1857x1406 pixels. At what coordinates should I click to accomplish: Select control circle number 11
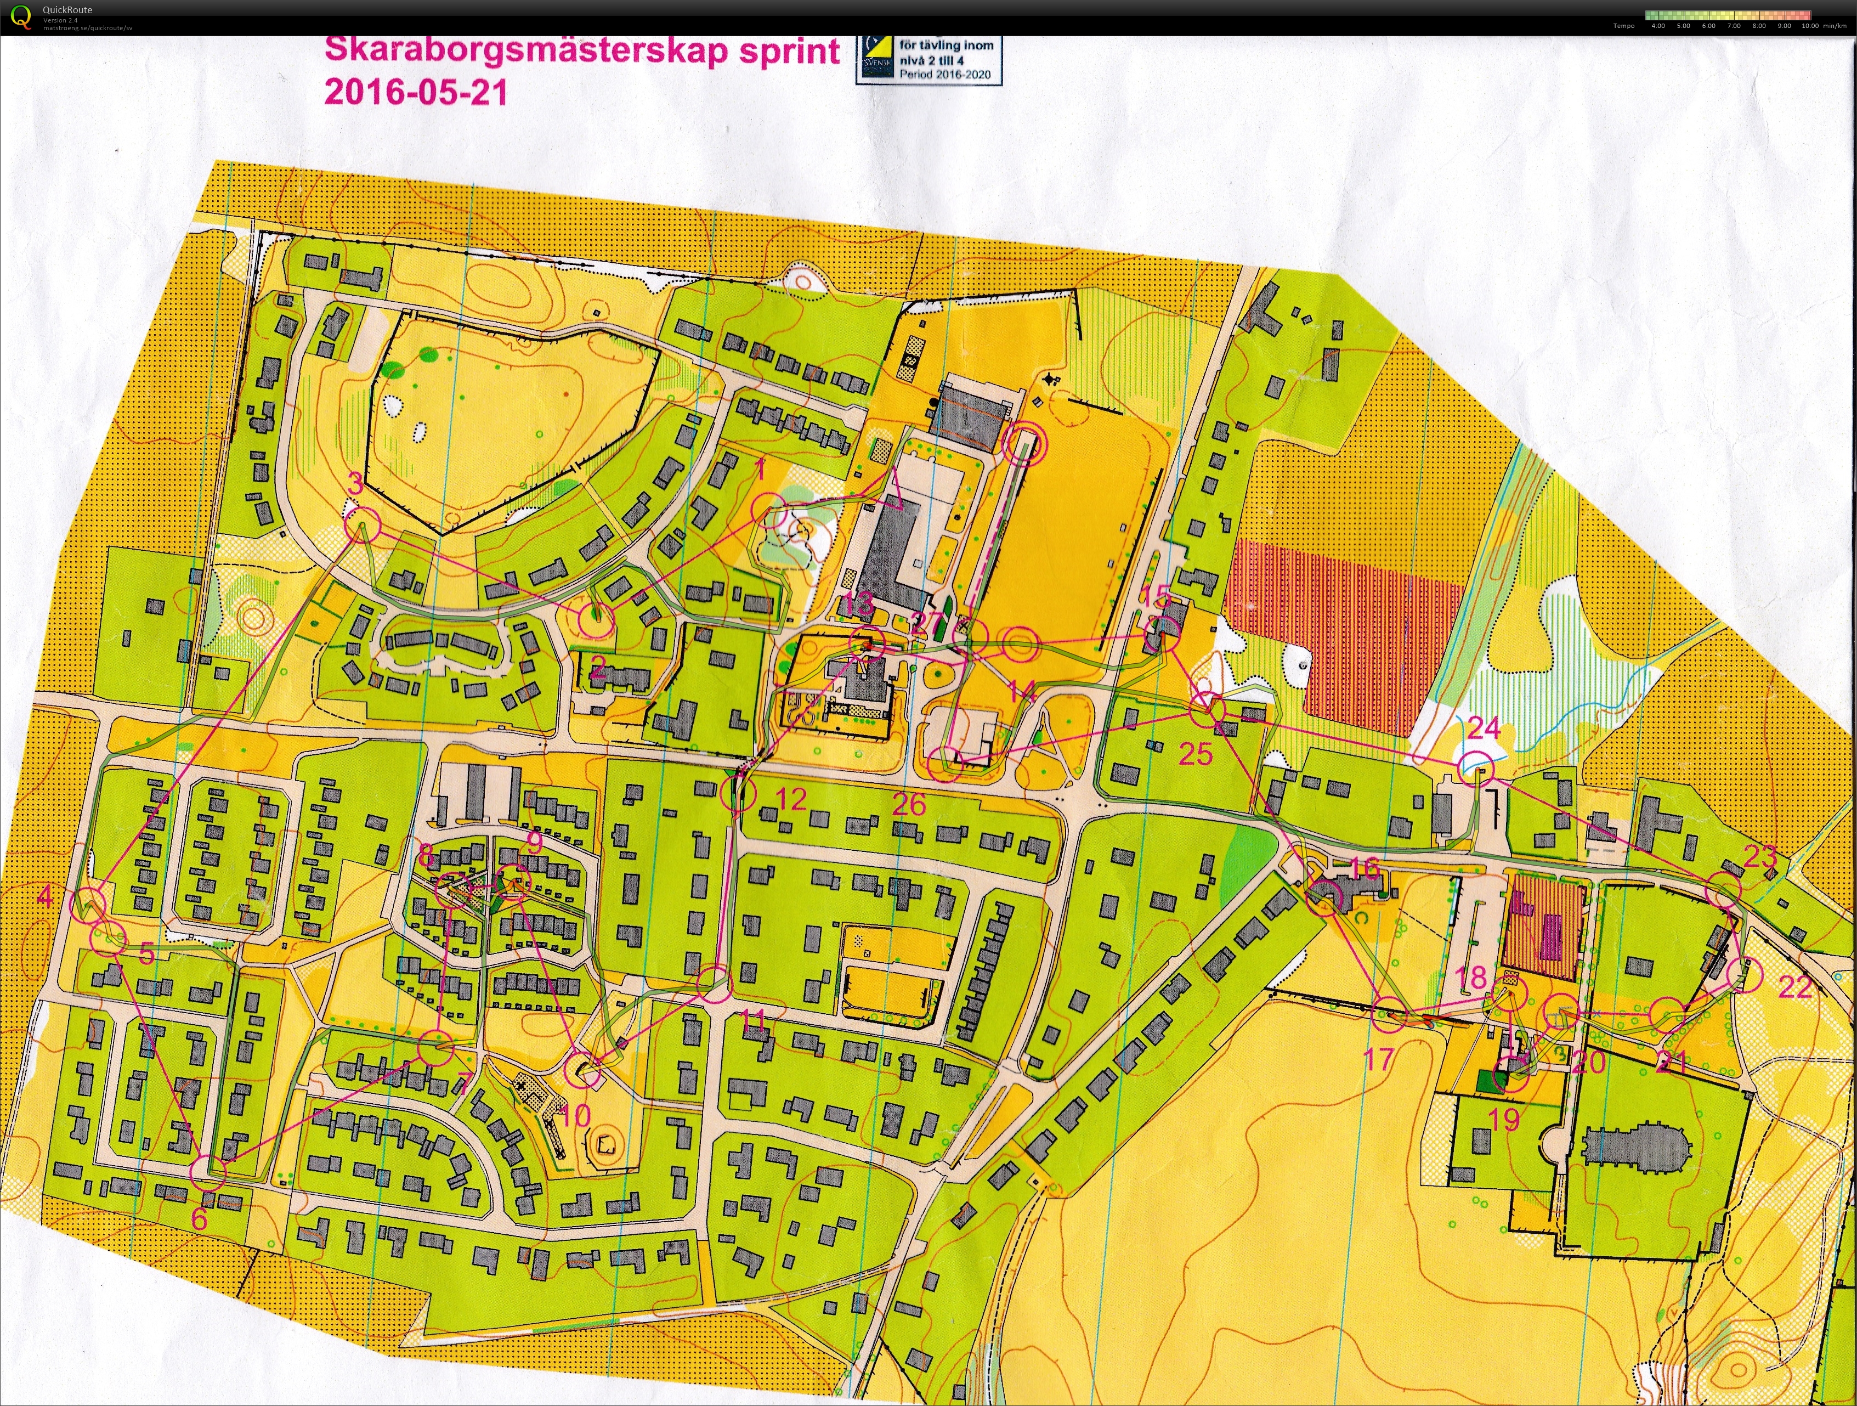pos(715,984)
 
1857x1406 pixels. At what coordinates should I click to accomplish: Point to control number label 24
pos(1484,727)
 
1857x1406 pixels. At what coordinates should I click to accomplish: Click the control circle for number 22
pos(1743,974)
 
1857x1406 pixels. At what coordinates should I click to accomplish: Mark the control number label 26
pos(909,805)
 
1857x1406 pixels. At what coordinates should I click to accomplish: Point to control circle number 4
pos(89,905)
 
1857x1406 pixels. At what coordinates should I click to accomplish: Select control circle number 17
pos(1389,1015)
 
